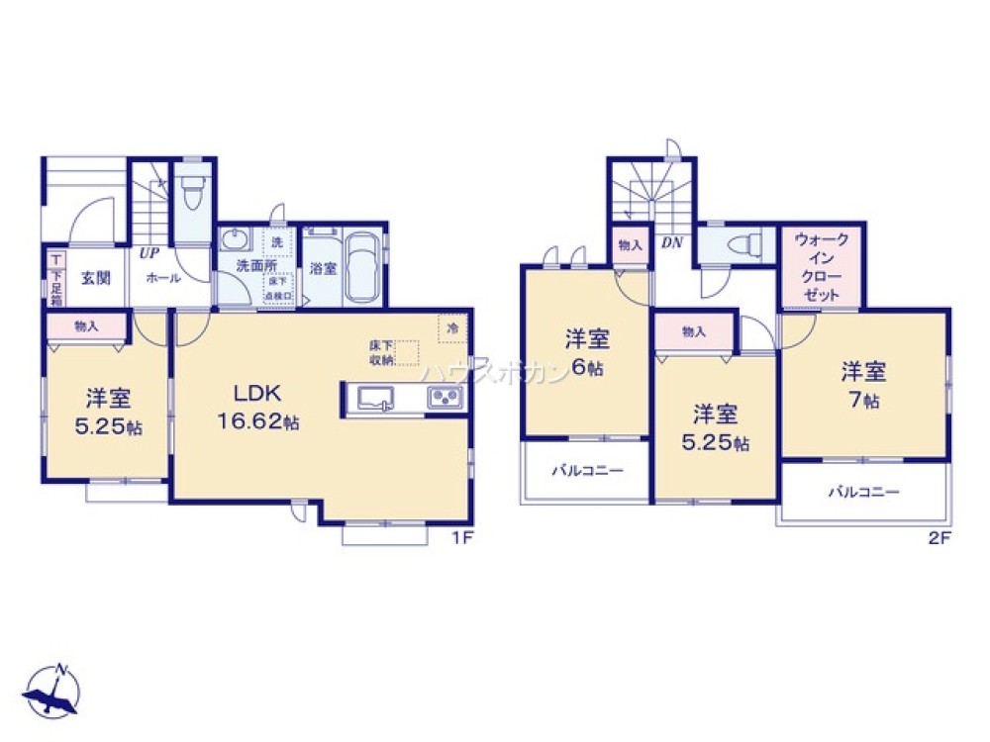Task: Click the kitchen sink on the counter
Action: tap(376, 398)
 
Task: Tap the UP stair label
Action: tap(149, 253)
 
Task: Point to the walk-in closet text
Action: tap(822, 267)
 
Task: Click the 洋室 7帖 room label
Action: tap(863, 386)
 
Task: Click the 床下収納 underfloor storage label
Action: tap(381, 352)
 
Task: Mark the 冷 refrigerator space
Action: tap(452, 327)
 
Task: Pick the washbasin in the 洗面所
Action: tap(236, 240)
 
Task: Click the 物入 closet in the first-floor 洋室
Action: tap(86, 325)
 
